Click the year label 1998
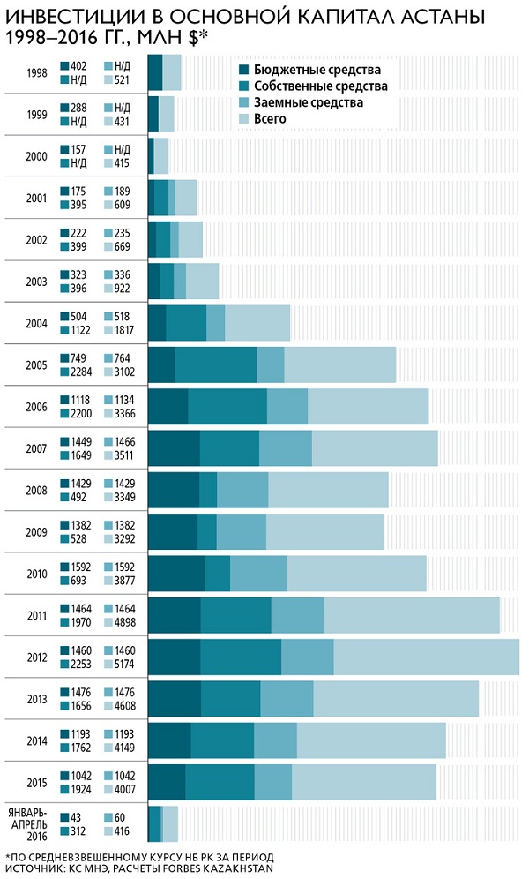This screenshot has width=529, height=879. pos(37,72)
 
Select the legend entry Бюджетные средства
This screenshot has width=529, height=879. pos(317,69)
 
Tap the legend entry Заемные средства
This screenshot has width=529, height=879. pos(308,102)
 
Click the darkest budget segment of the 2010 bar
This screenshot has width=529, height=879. pos(176,574)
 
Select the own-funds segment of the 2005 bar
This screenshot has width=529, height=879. pos(215,364)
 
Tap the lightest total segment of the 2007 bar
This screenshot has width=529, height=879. pos(375,448)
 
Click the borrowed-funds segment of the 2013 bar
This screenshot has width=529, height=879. pos(287,699)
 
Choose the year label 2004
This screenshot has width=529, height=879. pos(37,323)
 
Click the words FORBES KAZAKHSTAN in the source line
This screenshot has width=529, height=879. pos(219,868)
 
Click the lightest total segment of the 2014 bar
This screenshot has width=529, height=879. pos(370,740)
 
